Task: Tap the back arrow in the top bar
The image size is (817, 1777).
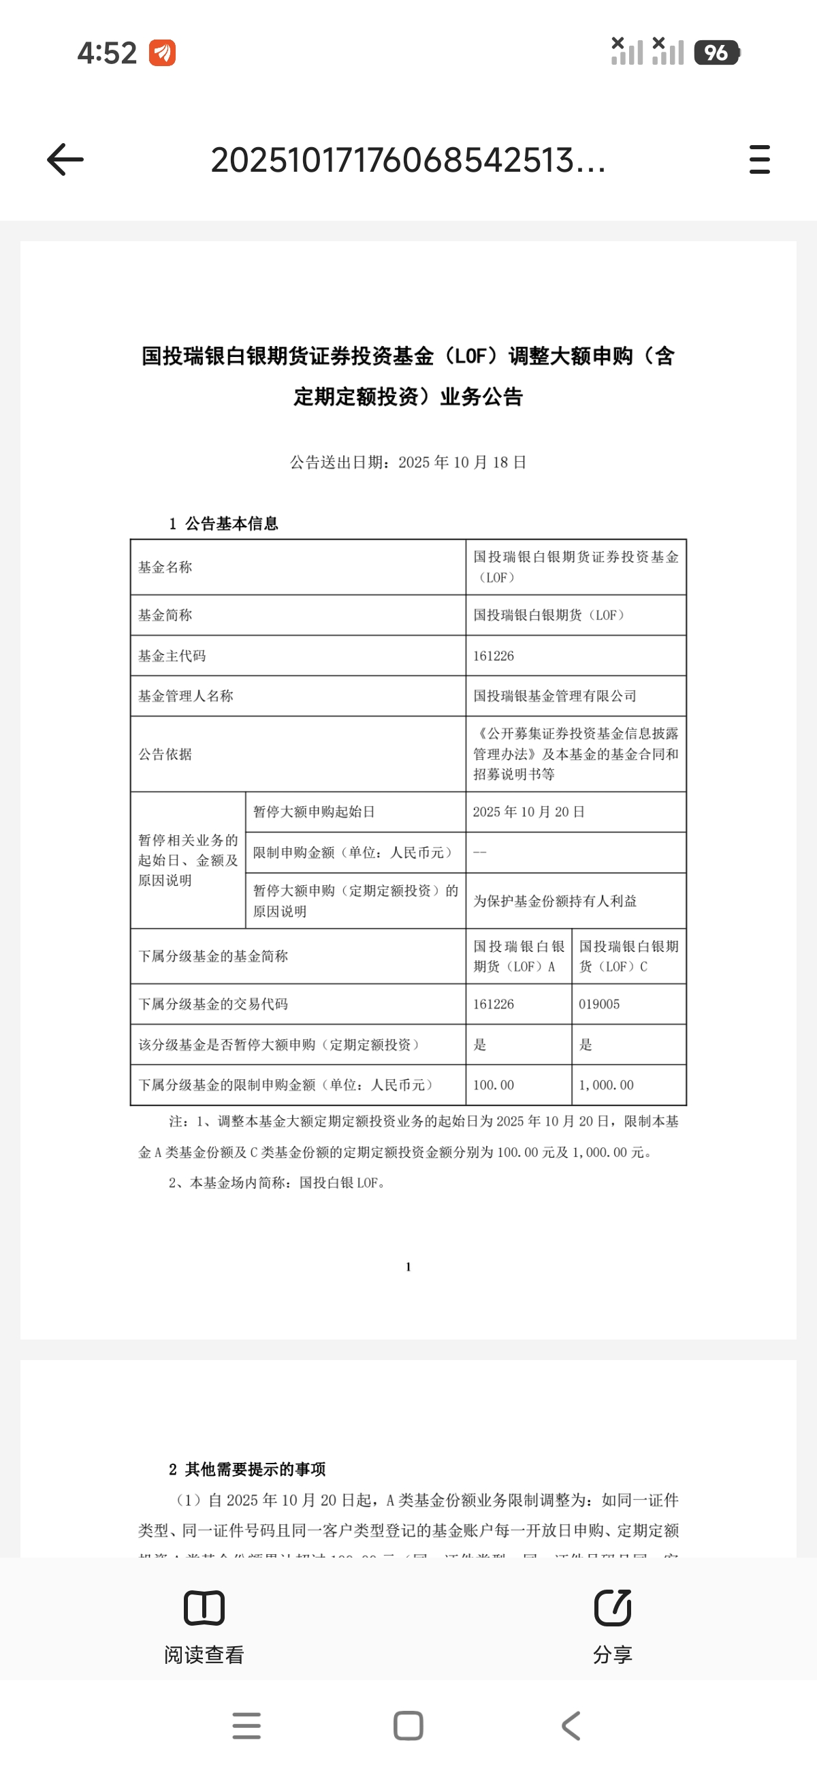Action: coord(65,160)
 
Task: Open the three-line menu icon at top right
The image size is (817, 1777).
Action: coord(759,159)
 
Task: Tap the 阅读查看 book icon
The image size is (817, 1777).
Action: coord(204,1608)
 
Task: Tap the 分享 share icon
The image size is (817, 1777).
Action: coord(612,1608)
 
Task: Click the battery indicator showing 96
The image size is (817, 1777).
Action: coord(717,52)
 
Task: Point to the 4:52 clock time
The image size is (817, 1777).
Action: coord(107,53)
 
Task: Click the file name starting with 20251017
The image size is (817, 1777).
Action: coord(408,160)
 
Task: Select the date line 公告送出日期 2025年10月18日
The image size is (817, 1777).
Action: coord(408,462)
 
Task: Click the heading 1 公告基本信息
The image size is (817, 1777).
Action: coord(223,523)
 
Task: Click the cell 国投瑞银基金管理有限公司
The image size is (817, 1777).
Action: coord(555,696)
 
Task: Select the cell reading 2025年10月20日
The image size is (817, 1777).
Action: coord(529,812)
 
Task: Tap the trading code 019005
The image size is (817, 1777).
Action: coord(599,1004)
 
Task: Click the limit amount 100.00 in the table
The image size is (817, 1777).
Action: coord(494,1085)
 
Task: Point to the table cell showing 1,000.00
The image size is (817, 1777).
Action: coord(606,1085)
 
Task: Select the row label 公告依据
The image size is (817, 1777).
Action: coord(165,754)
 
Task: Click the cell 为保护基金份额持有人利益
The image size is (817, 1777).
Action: coord(555,901)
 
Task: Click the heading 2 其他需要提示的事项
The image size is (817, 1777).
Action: coord(247,1469)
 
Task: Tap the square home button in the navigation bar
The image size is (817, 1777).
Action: coord(408,1725)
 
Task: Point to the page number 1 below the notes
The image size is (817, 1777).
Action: coord(408,1267)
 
